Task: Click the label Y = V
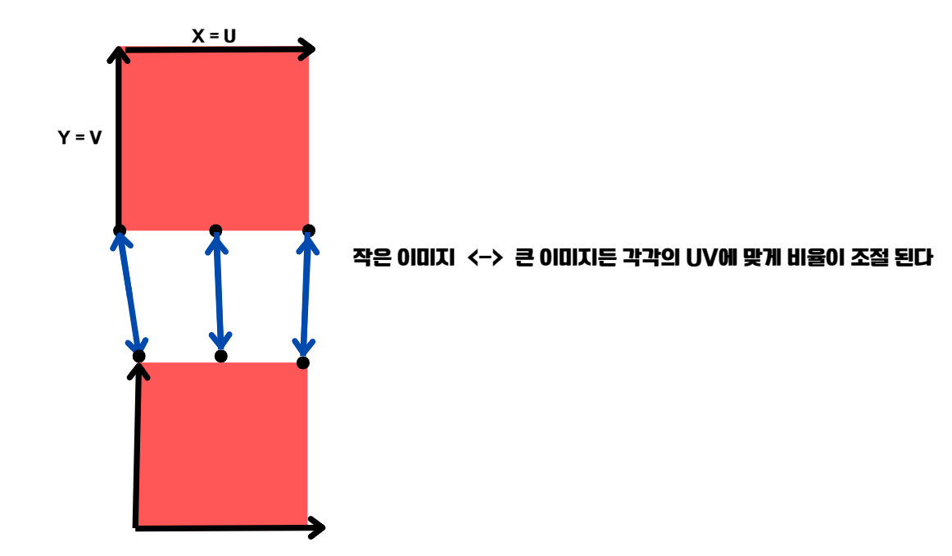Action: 79,138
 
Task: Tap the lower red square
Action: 223,443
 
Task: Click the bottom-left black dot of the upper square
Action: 120,230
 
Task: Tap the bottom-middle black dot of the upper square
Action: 216,230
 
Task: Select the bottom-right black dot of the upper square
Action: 309,230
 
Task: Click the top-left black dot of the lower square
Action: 139,356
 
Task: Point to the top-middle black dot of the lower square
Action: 220,356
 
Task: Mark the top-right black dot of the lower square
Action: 303,362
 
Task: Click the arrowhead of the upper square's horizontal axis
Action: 307,49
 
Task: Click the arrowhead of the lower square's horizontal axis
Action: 316,527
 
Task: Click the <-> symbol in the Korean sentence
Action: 483,259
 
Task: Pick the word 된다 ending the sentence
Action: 916,259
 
